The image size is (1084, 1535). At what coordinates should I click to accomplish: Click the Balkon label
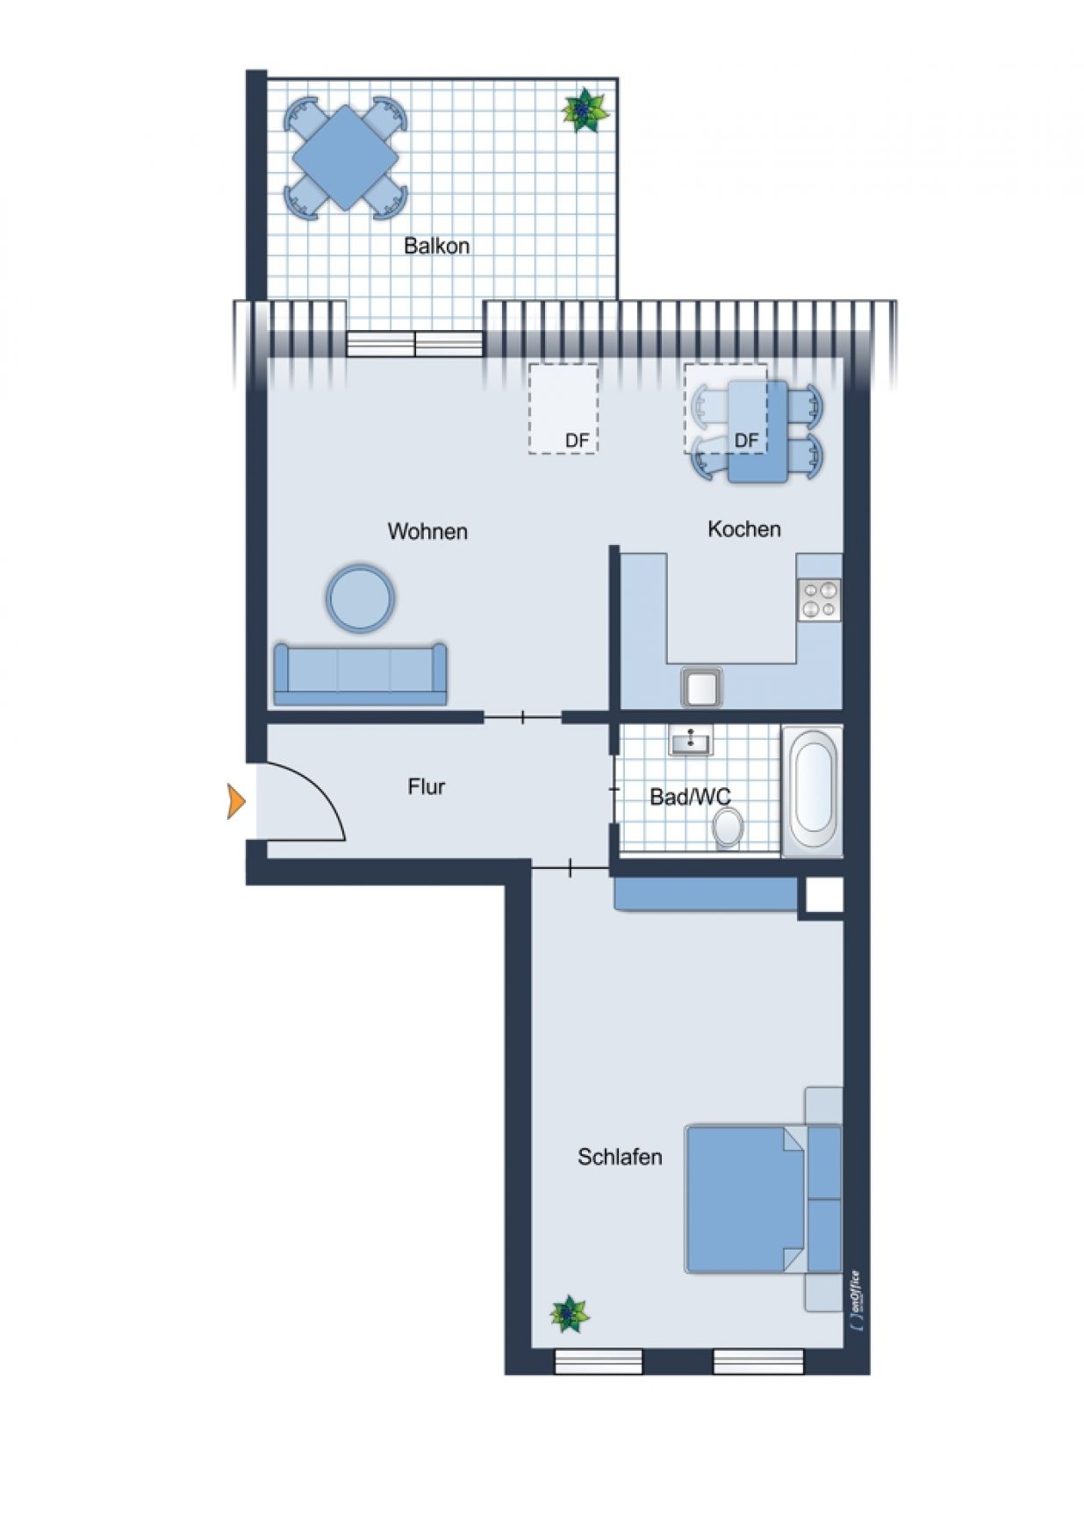click(x=436, y=246)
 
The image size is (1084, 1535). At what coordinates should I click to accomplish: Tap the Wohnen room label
click(x=427, y=531)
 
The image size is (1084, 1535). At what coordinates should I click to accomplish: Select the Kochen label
click(x=744, y=528)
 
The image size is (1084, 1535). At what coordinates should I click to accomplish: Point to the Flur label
click(x=427, y=786)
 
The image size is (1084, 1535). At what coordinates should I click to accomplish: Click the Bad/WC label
click(x=690, y=797)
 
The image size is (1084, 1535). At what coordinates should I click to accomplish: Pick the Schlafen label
click(x=620, y=1157)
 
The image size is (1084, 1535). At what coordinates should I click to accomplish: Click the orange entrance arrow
click(x=236, y=801)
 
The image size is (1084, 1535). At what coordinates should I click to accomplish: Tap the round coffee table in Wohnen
click(x=360, y=598)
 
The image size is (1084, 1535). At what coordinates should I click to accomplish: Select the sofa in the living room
click(x=360, y=674)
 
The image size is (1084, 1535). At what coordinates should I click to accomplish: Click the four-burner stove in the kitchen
click(x=819, y=600)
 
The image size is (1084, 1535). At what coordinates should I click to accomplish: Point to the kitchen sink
click(x=702, y=687)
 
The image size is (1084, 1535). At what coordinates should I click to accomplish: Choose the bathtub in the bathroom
click(x=812, y=792)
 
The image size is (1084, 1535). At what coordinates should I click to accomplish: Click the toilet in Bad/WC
click(x=728, y=828)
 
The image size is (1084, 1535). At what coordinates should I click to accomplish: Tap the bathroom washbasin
click(x=691, y=741)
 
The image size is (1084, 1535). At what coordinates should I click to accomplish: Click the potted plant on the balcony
click(x=584, y=111)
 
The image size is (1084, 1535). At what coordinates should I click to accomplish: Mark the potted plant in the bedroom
click(x=570, y=1315)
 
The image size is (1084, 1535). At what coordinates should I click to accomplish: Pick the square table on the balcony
click(x=345, y=158)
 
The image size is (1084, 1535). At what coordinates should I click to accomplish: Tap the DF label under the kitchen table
click(x=746, y=440)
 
